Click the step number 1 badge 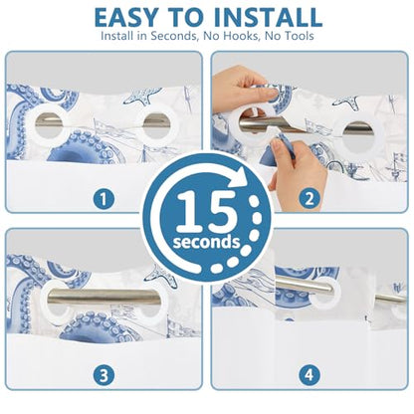point(103,199)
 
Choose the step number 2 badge point(310,199)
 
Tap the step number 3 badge point(103,375)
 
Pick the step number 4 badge point(310,375)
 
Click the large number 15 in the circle point(207,212)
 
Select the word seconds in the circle point(206,242)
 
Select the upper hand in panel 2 point(244,86)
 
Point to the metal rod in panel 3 point(103,297)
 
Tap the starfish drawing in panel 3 point(160,275)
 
